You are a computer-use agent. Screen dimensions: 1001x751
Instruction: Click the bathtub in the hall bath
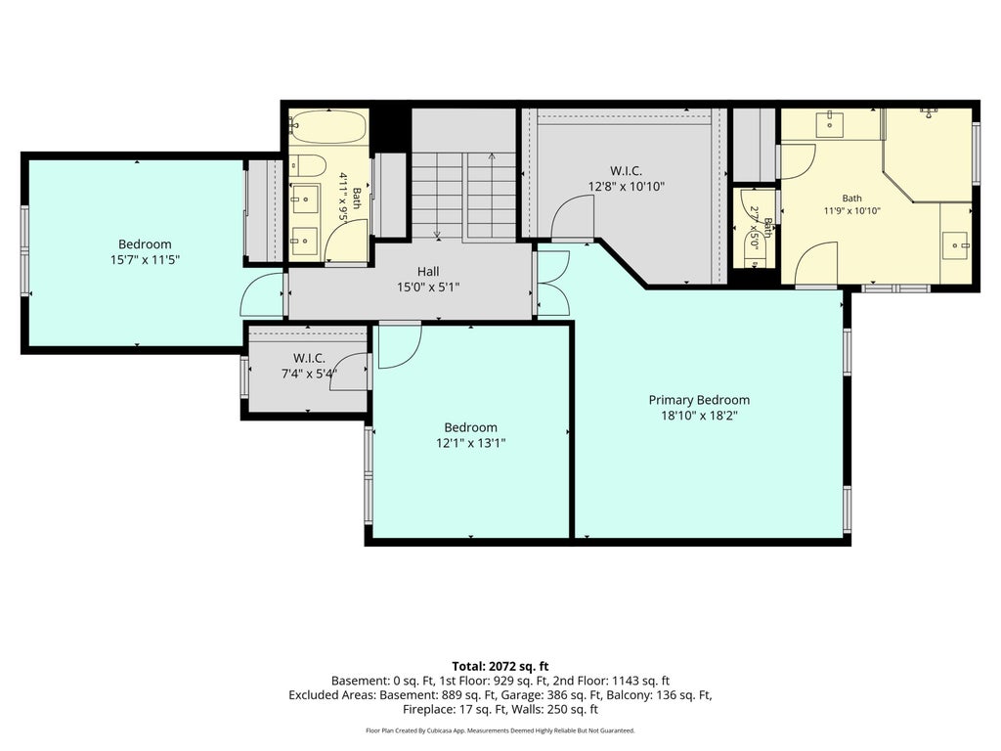(x=328, y=127)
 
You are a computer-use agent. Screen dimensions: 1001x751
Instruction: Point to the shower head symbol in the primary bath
(x=929, y=112)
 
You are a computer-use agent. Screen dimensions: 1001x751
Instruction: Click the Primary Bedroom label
(x=699, y=400)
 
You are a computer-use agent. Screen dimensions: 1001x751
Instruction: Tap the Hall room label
(x=428, y=272)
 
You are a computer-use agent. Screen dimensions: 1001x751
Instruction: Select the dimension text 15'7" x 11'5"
(x=145, y=260)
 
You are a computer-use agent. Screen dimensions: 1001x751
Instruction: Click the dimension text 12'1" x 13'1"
(x=470, y=443)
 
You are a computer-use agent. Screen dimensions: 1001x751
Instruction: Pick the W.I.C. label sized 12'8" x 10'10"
(x=626, y=171)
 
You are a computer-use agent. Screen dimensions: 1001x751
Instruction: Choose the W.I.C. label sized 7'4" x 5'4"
(x=309, y=358)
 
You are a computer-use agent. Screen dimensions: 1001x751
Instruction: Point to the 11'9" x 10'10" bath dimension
(x=851, y=211)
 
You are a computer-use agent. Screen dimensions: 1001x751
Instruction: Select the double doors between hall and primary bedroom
(x=553, y=283)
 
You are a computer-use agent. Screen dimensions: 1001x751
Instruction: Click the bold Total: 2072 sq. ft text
(x=500, y=667)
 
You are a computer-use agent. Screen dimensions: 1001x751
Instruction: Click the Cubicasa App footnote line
(x=500, y=730)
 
